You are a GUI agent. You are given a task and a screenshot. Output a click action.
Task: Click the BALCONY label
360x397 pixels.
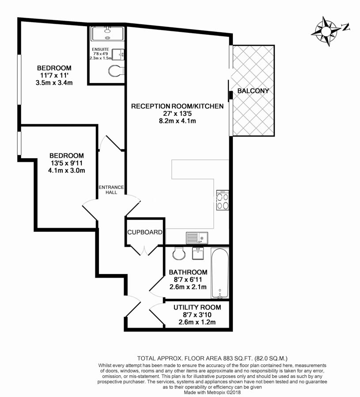[x=253, y=91]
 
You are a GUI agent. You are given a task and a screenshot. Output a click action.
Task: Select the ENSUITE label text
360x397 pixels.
[x=100, y=50]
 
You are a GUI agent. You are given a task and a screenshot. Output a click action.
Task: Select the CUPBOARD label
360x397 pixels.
[x=145, y=232]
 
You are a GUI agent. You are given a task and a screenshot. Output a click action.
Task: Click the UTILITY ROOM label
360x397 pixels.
[x=197, y=307]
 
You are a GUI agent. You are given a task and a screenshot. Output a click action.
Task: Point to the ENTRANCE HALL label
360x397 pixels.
[x=111, y=190]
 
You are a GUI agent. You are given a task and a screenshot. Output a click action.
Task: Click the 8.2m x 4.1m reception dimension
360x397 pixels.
[x=177, y=120]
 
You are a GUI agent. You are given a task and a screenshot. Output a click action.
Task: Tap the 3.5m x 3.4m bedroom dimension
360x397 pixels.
[x=54, y=82]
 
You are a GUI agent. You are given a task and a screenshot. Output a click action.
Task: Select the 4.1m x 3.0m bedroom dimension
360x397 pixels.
[x=66, y=170]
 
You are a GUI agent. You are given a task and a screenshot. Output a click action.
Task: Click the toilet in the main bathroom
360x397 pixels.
[x=178, y=253]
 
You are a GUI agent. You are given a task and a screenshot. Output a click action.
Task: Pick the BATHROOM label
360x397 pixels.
[x=188, y=272]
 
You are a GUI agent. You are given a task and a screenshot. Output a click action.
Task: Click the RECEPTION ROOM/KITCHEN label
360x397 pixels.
[x=177, y=106]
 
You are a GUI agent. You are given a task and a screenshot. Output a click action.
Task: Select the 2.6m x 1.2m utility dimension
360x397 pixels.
[x=197, y=322]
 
